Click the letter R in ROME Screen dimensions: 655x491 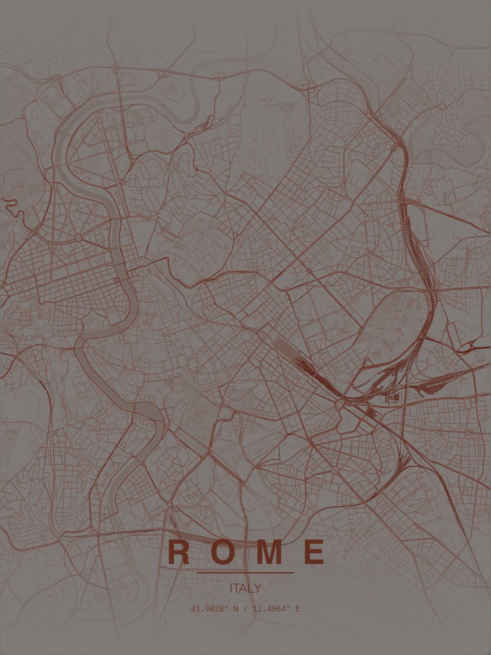178,552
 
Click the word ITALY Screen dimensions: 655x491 245,589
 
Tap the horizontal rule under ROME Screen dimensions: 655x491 245,572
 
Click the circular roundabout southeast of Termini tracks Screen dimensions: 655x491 339,404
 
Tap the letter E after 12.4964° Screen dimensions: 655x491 297,609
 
